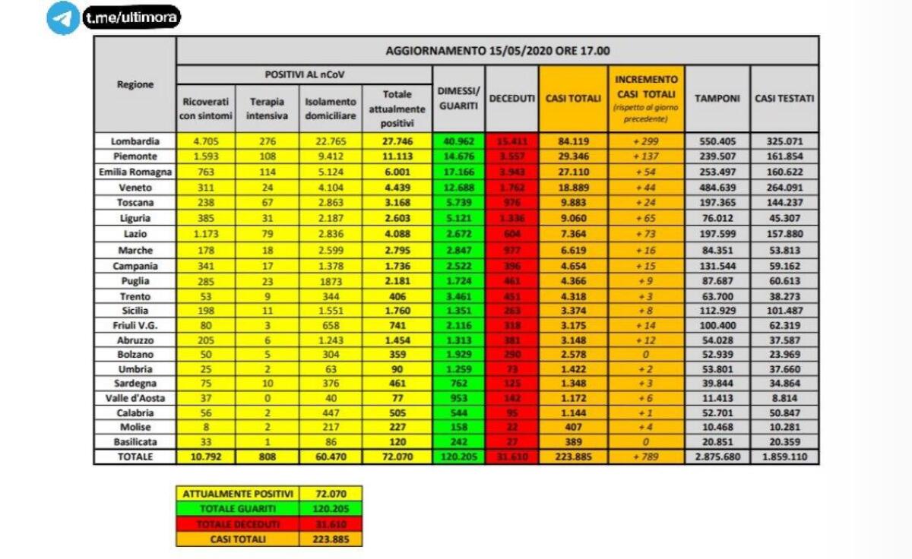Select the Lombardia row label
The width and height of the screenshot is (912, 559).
(x=135, y=141)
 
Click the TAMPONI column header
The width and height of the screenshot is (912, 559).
(x=717, y=99)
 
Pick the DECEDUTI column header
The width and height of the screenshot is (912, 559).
(x=511, y=99)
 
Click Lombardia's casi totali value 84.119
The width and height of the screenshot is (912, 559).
(x=573, y=141)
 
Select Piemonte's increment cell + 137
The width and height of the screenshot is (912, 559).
(x=646, y=156)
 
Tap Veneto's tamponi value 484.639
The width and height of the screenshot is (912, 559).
(x=717, y=188)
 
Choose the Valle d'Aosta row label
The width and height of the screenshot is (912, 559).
(x=135, y=397)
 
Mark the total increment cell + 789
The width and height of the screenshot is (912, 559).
(x=646, y=457)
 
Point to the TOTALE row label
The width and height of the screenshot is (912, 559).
(x=135, y=457)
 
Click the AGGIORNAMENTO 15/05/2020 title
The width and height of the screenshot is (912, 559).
(x=497, y=51)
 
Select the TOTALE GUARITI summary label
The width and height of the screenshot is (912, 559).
(x=238, y=508)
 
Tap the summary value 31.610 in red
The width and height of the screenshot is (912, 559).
(x=331, y=524)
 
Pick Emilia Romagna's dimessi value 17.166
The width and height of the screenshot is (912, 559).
(x=458, y=172)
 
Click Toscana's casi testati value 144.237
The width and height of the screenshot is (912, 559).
(x=784, y=203)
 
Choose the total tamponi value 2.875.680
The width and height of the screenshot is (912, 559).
(x=717, y=457)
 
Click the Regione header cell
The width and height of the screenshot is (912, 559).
(x=135, y=84)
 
